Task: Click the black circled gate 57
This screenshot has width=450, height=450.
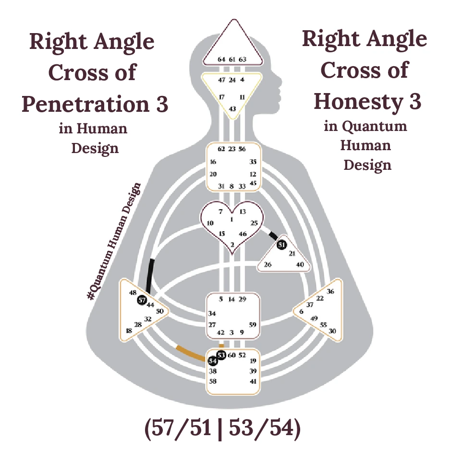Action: [142, 300]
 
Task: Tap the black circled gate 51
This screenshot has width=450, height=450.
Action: [282, 245]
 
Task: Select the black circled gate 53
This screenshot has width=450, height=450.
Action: [221, 355]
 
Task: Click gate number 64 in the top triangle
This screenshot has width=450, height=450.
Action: [221, 59]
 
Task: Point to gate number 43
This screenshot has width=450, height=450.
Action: [232, 109]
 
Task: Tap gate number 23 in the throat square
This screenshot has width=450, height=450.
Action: [232, 149]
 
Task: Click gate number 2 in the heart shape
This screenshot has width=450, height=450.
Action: [232, 245]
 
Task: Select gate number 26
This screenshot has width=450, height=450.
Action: [268, 264]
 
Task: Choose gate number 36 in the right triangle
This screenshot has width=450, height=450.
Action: [330, 291]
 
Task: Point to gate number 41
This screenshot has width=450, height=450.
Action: [253, 381]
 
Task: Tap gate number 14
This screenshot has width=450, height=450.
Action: [231, 299]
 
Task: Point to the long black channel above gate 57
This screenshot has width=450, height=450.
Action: [151, 276]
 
